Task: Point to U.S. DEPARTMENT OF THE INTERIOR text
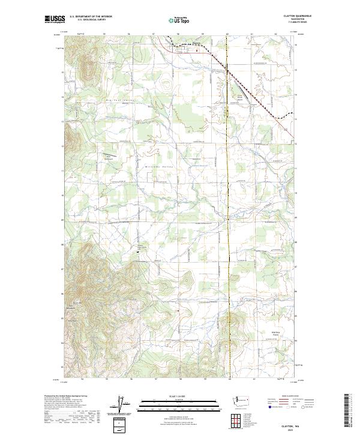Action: pyautogui.click(x=91, y=16)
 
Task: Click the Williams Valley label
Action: pyautogui.click(x=159, y=167)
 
